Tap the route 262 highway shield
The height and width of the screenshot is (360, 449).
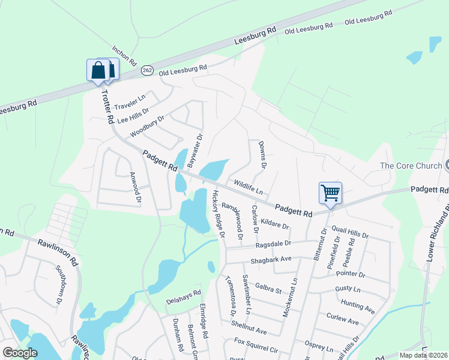click(148, 70)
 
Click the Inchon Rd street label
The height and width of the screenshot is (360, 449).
click(125, 55)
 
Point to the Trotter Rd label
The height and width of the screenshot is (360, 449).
click(107, 107)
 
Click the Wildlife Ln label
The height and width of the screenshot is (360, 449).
click(248, 188)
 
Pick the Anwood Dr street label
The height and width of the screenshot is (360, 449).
click(136, 187)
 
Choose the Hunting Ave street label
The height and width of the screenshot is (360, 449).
click(357, 307)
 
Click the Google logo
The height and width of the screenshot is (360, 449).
click(20, 352)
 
